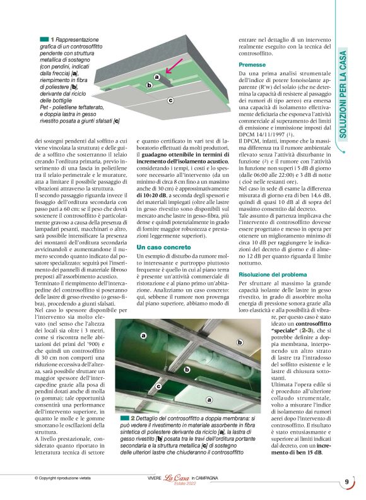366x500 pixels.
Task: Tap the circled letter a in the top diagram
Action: [156, 77]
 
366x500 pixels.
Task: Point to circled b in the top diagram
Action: [149, 85]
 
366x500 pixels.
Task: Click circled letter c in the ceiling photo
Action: [158, 386]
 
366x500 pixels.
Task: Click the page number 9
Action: [347, 482]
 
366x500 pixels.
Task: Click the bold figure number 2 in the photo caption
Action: [133, 419]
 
